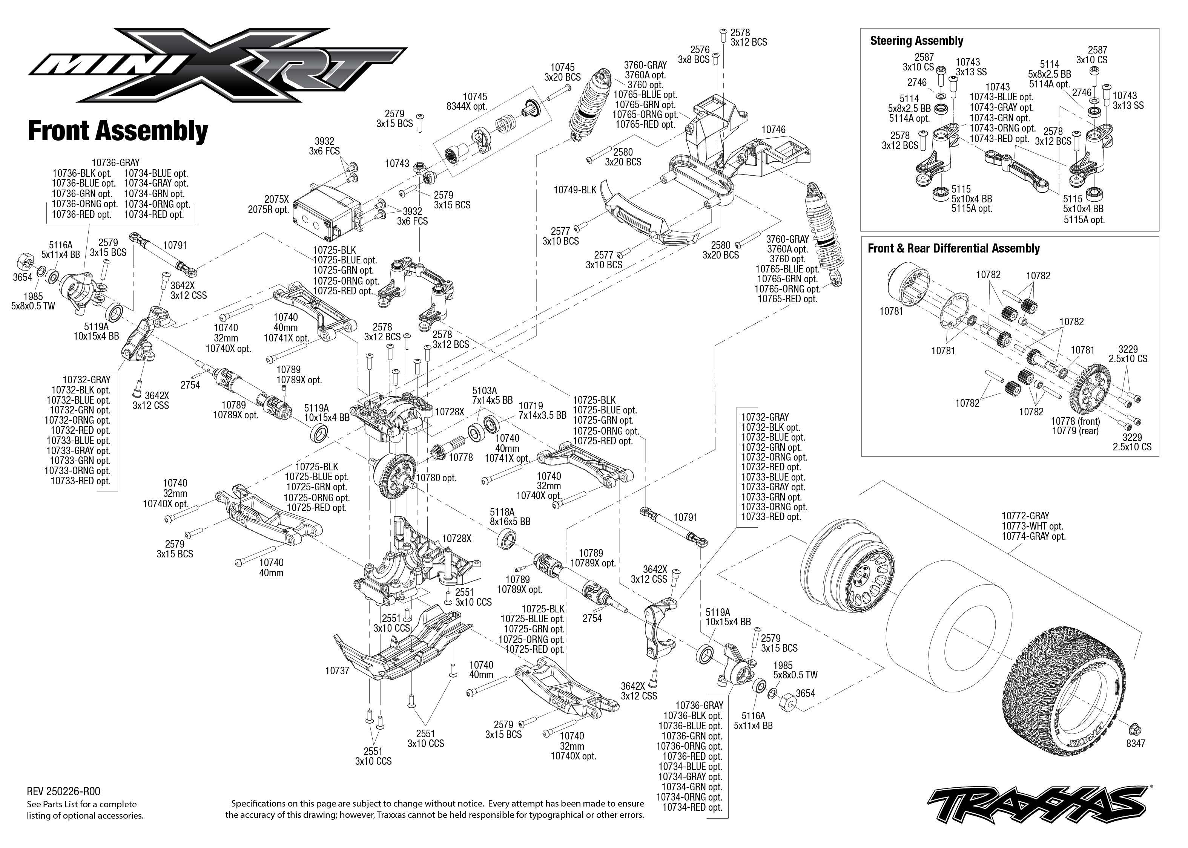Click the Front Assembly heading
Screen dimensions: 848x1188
pos(118,131)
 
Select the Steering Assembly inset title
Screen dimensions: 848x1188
pos(916,41)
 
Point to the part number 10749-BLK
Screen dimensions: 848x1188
pos(575,190)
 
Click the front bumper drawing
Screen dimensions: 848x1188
pos(648,219)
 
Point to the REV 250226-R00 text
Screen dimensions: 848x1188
pos(63,791)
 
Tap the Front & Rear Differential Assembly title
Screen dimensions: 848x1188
pos(953,248)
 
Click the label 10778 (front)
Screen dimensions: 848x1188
pos(1075,421)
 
